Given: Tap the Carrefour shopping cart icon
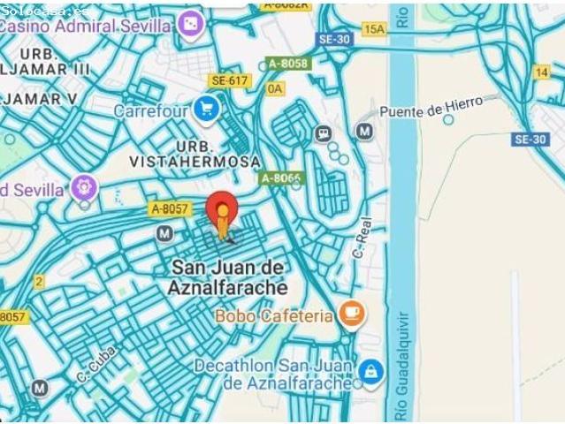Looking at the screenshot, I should (x=207, y=110).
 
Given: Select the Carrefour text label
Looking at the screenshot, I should (x=150, y=111).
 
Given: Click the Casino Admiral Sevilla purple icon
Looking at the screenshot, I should (x=188, y=26).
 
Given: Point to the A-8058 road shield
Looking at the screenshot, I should (x=287, y=64).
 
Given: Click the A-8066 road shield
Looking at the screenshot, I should (x=281, y=178).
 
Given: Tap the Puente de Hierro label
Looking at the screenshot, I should (x=431, y=108).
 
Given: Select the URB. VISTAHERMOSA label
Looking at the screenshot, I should (x=195, y=154).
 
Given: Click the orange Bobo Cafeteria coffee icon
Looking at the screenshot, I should (x=352, y=314).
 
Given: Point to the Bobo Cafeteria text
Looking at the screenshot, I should (x=274, y=315).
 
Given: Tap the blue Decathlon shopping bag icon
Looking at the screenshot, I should (x=371, y=371).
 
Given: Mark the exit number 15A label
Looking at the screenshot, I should (x=374, y=30).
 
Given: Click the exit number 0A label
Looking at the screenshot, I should (x=276, y=88).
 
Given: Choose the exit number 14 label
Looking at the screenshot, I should (x=541, y=72).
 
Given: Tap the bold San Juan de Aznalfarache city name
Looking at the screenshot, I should (x=228, y=276).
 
